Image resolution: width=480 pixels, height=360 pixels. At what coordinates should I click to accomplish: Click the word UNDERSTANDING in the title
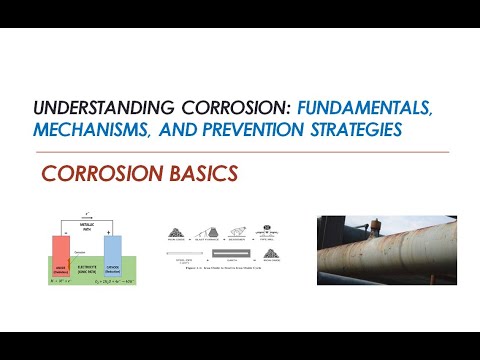(x=95, y=107)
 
